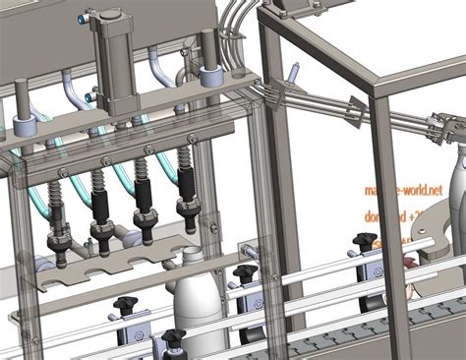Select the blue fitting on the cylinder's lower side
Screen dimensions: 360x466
tap(89, 96)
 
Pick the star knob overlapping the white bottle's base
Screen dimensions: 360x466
tap(174, 338)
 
